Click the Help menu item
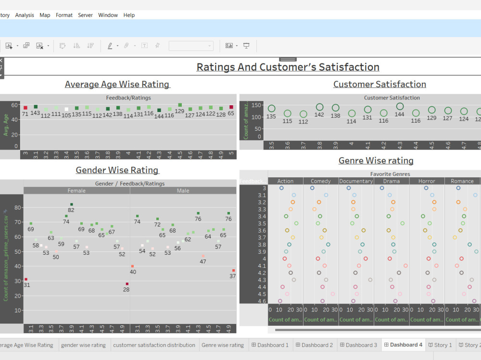pyautogui.click(x=129, y=15)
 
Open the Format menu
pyautogui.click(x=64, y=15)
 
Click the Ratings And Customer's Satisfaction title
pyautogui.click(x=288, y=67)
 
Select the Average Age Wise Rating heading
pyautogui.click(x=117, y=84)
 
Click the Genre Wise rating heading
pyautogui.click(x=376, y=161)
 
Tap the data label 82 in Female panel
pyautogui.click(x=71, y=210)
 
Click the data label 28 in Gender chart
pyautogui.click(x=126, y=289)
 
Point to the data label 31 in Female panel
pyautogui.click(x=26, y=285)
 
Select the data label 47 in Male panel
pyautogui.click(x=203, y=261)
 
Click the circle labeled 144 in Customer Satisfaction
pyautogui.click(x=400, y=106)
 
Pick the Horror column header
pyautogui.click(x=427, y=181)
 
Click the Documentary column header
pyautogui.click(x=356, y=181)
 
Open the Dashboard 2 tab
pyautogui.click(x=314, y=345)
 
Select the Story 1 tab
pyautogui.click(x=440, y=345)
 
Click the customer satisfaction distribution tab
pyautogui.click(x=154, y=345)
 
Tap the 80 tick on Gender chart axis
pyautogui.click(x=18, y=208)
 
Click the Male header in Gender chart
pyautogui.click(x=183, y=191)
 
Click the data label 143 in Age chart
pyautogui.click(x=35, y=113)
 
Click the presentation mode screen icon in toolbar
pyautogui.click(x=246, y=46)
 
